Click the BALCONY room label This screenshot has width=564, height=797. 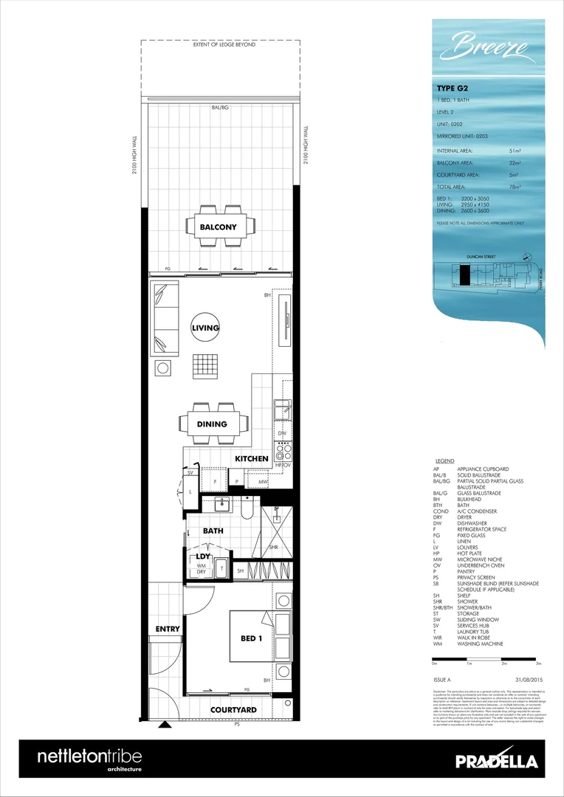[219, 227]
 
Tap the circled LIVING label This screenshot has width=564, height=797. [206, 328]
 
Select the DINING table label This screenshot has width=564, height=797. [212, 424]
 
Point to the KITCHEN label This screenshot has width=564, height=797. [251, 458]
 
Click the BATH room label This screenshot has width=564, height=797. [213, 531]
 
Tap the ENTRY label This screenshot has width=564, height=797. [167, 629]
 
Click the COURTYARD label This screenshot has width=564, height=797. [233, 710]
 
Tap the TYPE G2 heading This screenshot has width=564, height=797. [452, 88]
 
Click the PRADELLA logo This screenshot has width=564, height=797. [496, 762]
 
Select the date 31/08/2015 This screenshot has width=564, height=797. [529, 678]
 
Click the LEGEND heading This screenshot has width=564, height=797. [445, 460]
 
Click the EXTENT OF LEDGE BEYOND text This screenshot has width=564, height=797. [224, 45]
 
